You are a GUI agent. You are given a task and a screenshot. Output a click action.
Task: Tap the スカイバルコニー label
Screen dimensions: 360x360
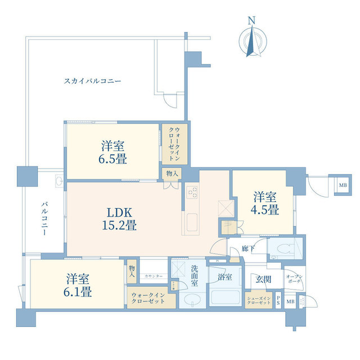92,81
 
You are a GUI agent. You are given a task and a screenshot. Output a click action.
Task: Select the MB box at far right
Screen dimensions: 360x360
342,185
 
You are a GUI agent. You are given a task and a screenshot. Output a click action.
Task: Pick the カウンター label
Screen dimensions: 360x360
152,276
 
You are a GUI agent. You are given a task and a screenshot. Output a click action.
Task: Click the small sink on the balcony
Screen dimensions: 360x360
58,181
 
